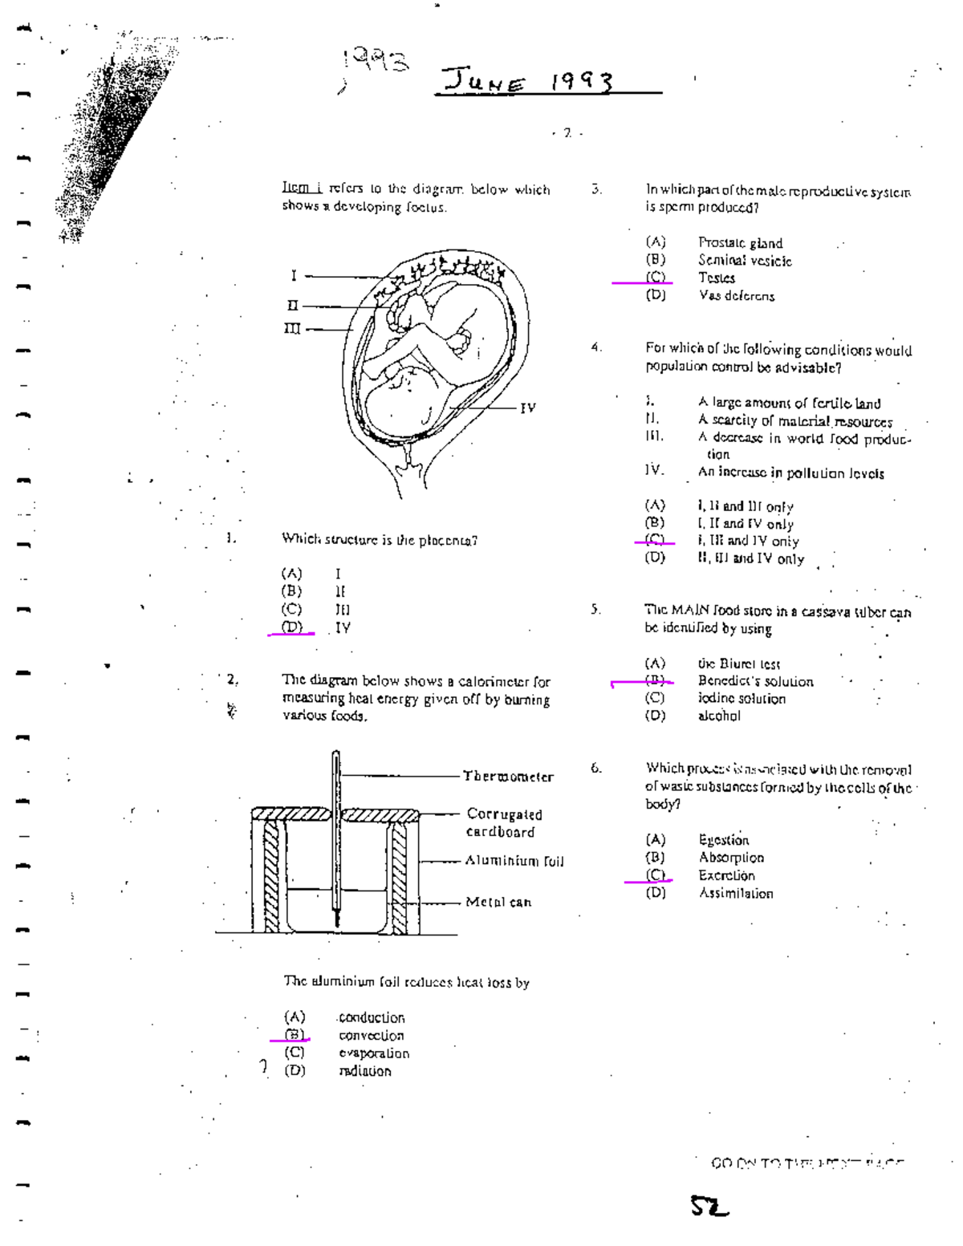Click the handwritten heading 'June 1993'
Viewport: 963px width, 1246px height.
(530, 82)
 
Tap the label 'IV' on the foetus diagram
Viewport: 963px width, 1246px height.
(527, 408)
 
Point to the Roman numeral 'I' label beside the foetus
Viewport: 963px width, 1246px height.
(294, 276)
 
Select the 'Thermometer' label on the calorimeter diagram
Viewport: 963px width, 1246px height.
(508, 777)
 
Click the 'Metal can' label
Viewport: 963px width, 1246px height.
(498, 903)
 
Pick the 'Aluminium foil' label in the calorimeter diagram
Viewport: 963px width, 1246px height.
(514, 862)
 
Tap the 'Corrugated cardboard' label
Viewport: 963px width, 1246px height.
(503, 823)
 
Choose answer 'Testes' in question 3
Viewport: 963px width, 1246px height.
(716, 278)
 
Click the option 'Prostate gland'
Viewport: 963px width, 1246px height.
(740, 243)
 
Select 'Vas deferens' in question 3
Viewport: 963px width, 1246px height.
(736, 296)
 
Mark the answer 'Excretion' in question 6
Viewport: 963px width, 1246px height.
(726, 876)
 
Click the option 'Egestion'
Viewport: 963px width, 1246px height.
(723, 840)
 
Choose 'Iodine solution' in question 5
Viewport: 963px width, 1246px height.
(742, 699)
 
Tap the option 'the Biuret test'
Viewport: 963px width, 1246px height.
(738, 664)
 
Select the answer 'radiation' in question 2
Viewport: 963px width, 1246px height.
(365, 1071)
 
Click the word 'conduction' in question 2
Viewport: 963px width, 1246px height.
(371, 1018)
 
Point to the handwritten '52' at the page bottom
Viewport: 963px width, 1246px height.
(709, 1206)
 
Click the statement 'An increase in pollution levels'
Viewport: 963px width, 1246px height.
(790, 473)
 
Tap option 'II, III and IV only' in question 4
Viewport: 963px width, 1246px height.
(750, 559)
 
